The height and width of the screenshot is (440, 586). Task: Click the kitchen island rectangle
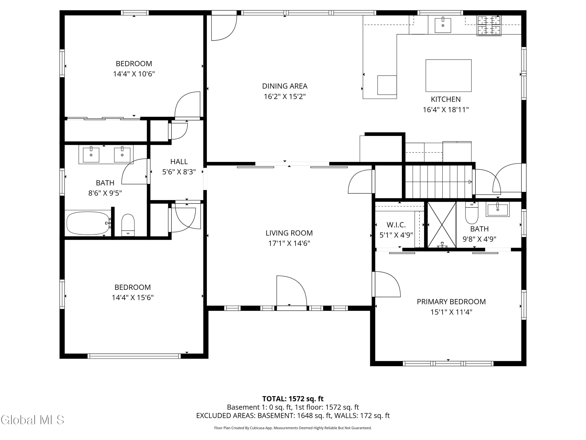448,76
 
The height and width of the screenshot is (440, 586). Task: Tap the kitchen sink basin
443,25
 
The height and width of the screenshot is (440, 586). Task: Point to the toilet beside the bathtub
128,225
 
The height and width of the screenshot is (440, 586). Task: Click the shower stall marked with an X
442,225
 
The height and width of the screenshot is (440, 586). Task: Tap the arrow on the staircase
470,182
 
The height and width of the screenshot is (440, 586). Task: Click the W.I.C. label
396,225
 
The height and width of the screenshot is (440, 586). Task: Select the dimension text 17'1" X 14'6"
289,243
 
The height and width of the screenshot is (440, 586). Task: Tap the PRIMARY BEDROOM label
451,302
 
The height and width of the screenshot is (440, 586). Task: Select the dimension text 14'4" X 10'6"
134,74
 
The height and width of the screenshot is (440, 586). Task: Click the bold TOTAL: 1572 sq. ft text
293,399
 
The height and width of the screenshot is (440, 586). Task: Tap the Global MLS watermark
32,420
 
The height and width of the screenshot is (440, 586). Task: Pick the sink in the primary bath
497,209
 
